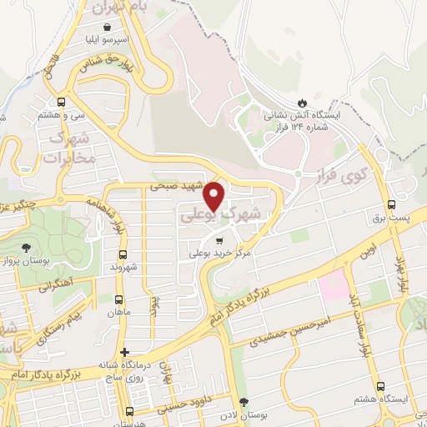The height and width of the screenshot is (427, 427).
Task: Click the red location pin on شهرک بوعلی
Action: [x=215, y=196]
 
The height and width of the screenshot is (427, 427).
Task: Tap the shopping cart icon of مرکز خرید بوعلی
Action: [x=219, y=239]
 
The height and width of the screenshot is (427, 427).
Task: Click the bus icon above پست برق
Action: [x=391, y=205]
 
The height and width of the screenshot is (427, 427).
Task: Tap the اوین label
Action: [x=368, y=250]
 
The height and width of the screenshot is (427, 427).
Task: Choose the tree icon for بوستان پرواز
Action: [x=26, y=247]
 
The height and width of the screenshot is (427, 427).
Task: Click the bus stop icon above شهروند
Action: [x=123, y=254]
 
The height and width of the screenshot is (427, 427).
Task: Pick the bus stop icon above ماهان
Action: [x=118, y=299]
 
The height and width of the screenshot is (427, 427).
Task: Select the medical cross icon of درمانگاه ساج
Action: [x=124, y=352]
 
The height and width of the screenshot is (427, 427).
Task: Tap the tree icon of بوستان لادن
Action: [x=244, y=403]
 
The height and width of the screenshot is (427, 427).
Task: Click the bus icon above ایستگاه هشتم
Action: [x=380, y=386]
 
